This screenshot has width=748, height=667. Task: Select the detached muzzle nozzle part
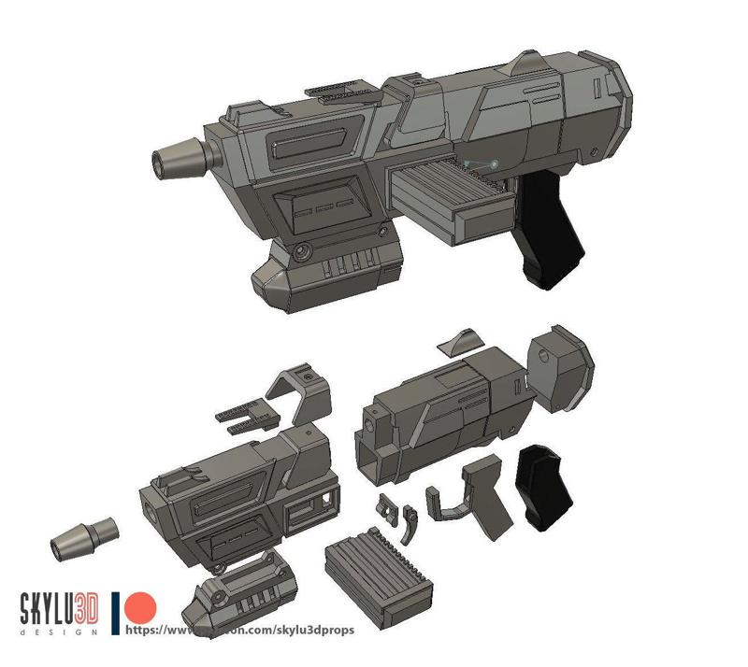click(84, 536)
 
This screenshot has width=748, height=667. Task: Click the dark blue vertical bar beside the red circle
click(115, 613)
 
